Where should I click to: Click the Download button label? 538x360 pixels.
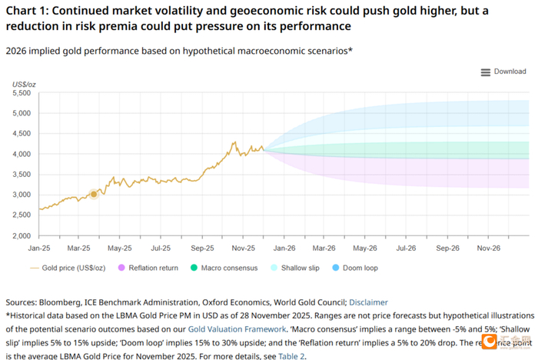tap(510, 72)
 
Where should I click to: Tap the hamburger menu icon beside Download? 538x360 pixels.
tap(485, 72)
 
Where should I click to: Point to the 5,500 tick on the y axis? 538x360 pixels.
tap(23, 93)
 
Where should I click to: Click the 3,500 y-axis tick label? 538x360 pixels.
tap(23, 175)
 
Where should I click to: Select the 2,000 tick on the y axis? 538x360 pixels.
tap(23, 235)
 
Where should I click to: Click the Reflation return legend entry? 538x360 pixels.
tap(148, 268)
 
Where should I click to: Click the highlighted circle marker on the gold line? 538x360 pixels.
tap(94, 195)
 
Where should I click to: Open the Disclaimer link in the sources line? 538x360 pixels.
tap(367, 302)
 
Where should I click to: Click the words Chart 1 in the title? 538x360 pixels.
tap(26, 11)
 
